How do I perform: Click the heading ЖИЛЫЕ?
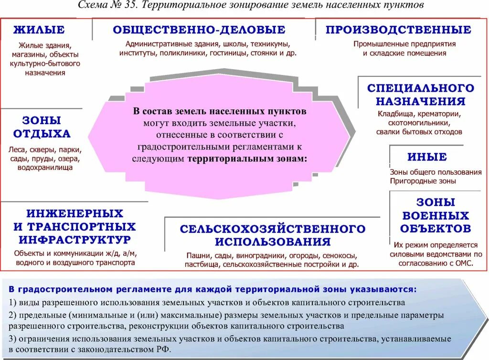(x=39, y=30)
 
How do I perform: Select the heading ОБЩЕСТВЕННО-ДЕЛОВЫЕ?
(x=199, y=30)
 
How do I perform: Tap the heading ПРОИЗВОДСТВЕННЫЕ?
(x=398, y=30)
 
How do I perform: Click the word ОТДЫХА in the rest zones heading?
(x=42, y=134)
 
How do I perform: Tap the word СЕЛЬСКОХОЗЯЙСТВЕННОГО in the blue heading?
(x=273, y=229)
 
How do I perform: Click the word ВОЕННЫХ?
(x=436, y=215)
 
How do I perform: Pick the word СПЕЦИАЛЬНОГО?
(x=420, y=88)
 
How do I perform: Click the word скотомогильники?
(x=419, y=123)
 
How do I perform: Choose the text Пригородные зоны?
(x=423, y=181)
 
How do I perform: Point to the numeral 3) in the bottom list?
(x=12, y=339)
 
